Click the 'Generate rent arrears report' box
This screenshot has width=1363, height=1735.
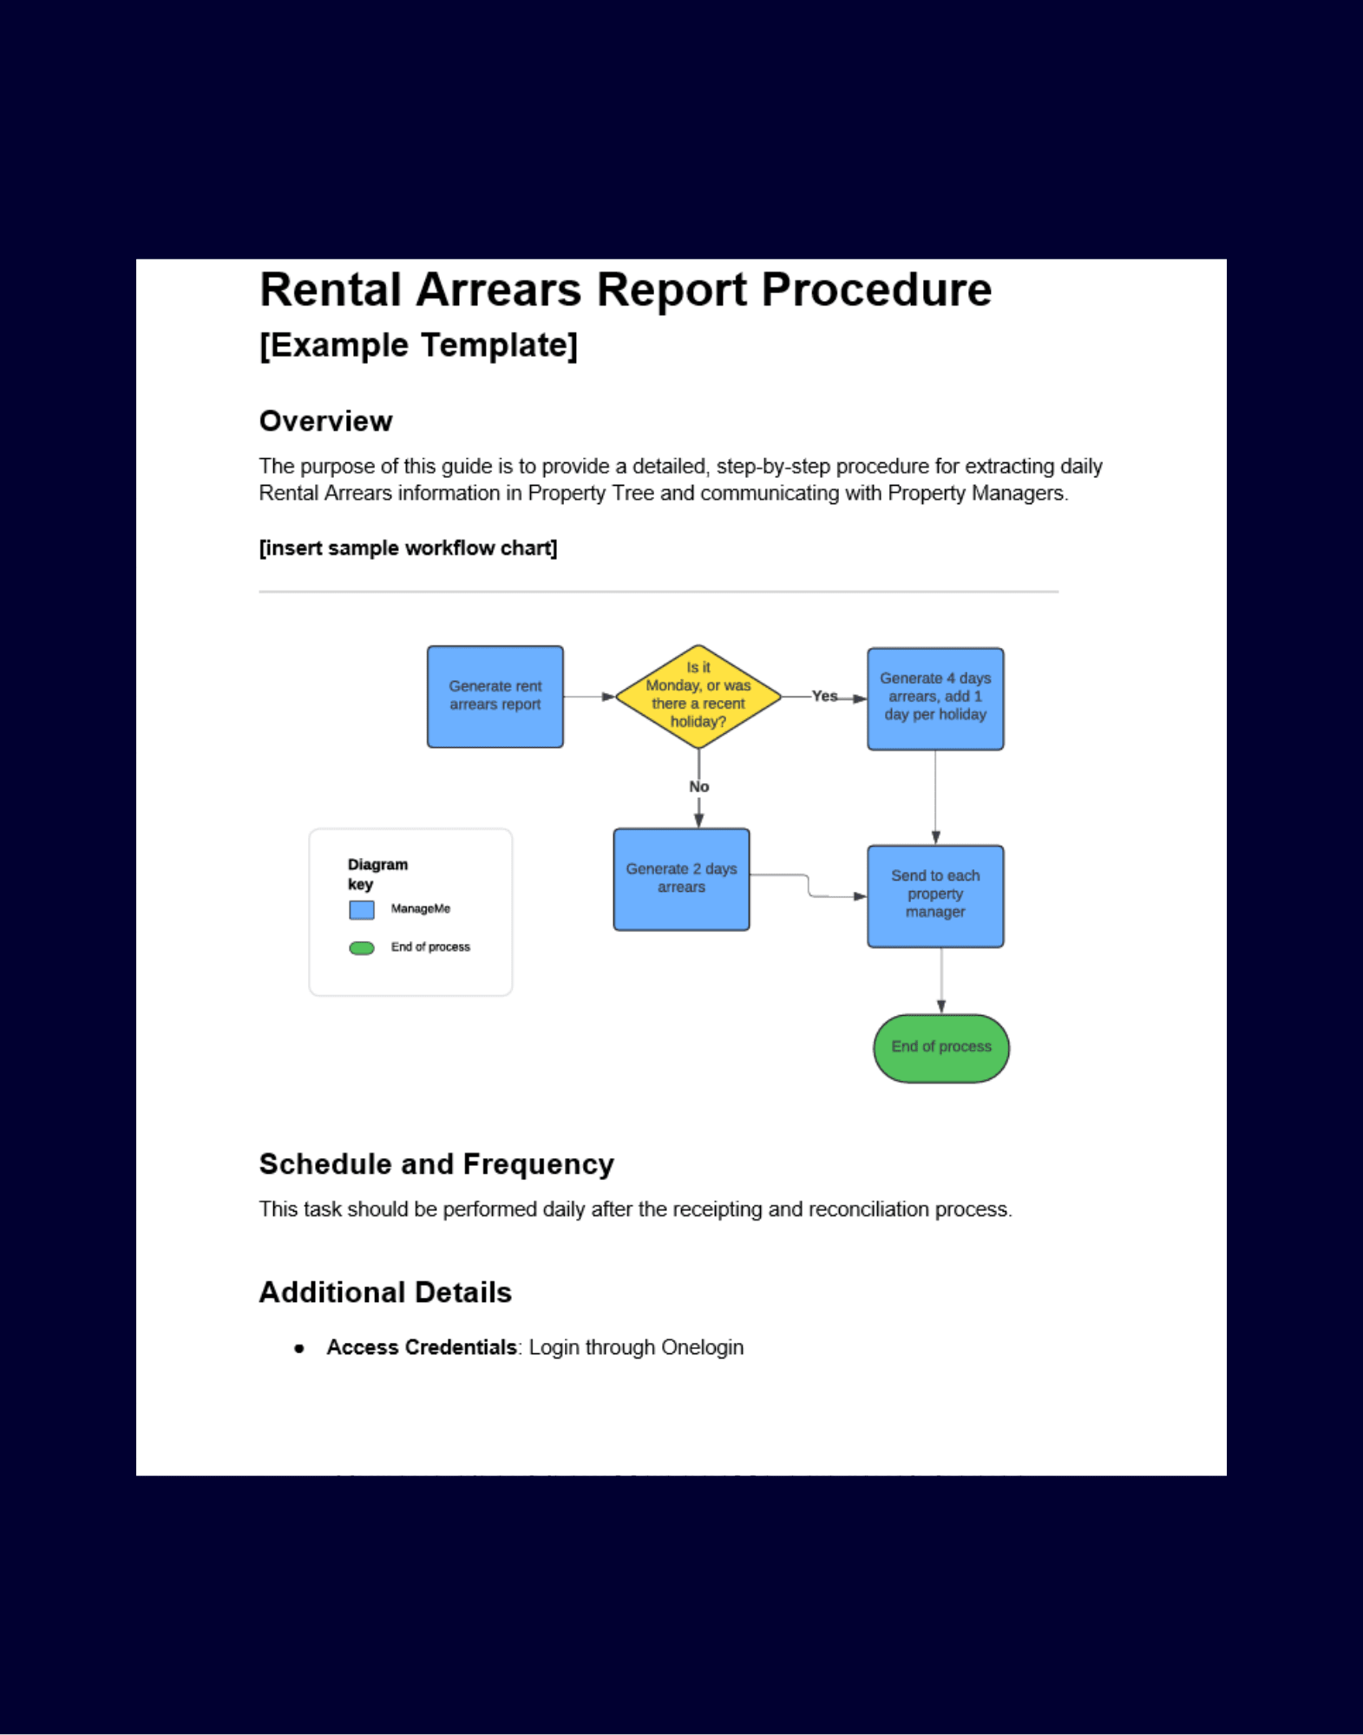pyautogui.click(x=495, y=696)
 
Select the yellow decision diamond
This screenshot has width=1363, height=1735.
pyautogui.click(x=698, y=696)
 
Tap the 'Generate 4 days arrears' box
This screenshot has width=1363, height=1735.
pyautogui.click(x=934, y=697)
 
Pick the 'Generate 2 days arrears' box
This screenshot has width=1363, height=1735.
pyautogui.click(x=681, y=879)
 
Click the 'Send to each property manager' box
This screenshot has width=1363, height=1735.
pyautogui.click(x=934, y=895)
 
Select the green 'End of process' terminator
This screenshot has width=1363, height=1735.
pyautogui.click(x=940, y=1047)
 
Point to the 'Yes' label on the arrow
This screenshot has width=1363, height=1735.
pyautogui.click(x=824, y=696)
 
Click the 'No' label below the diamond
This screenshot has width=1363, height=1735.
pyautogui.click(x=698, y=787)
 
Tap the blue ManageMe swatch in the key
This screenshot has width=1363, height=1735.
pyautogui.click(x=362, y=909)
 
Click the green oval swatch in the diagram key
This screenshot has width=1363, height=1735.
pyautogui.click(x=362, y=948)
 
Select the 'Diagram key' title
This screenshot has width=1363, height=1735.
pyautogui.click(x=377, y=874)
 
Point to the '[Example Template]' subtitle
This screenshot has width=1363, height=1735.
pyautogui.click(x=418, y=345)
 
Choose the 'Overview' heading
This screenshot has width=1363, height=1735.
pyautogui.click(x=325, y=422)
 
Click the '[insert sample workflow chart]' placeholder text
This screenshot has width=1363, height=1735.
pyautogui.click(x=408, y=548)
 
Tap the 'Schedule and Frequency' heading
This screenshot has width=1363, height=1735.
pyautogui.click(x=436, y=1164)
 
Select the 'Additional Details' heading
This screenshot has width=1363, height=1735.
pyautogui.click(x=385, y=1293)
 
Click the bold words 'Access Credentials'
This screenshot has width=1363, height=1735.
pyautogui.click(x=422, y=1347)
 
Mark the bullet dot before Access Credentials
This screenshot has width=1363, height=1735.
pyautogui.click(x=299, y=1349)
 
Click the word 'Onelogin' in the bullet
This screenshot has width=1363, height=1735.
pyautogui.click(x=702, y=1347)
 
